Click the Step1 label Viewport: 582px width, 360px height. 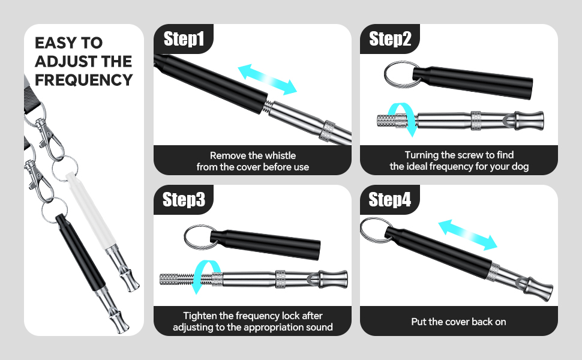coord(184,40)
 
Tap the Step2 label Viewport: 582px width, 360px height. coord(390,40)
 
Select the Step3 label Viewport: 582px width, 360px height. coord(184,200)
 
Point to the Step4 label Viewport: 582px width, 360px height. coord(390,200)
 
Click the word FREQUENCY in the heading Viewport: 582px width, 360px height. coord(83,80)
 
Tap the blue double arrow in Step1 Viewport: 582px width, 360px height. coord(268,80)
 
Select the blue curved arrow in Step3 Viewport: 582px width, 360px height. coord(203,277)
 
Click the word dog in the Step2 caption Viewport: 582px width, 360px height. coord(520,167)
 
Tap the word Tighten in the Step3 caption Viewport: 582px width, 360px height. coord(200,316)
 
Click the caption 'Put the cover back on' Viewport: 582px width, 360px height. coord(458,322)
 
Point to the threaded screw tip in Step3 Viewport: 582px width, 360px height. coord(173,279)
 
